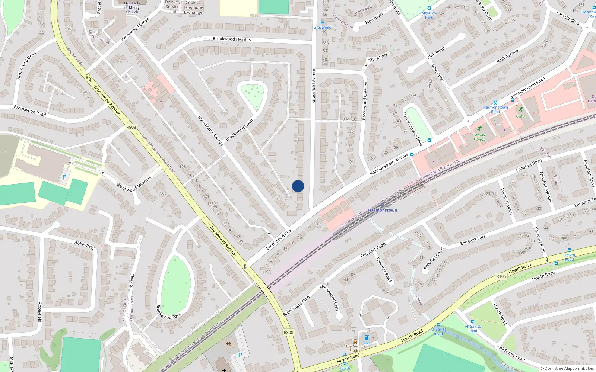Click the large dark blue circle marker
tap(298, 186)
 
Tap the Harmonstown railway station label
tap(383, 210)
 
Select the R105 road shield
tap(501, 276)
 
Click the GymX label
tap(521, 116)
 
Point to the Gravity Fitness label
tap(479, 137)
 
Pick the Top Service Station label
tap(355, 348)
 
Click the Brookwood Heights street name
tap(232, 39)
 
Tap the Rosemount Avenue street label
tap(210, 131)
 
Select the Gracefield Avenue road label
tap(314, 85)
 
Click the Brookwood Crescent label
tap(365, 100)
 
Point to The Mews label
tap(378, 57)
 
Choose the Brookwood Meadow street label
tap(134, 184)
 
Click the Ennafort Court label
tap(434, 258)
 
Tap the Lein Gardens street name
tap(568, 18)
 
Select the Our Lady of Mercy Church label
tap(132, 7)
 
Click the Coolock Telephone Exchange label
tap(193, 7)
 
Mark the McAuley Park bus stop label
tap(429, 15)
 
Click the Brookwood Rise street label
tap(279, 240)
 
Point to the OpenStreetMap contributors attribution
tap(567, 368)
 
